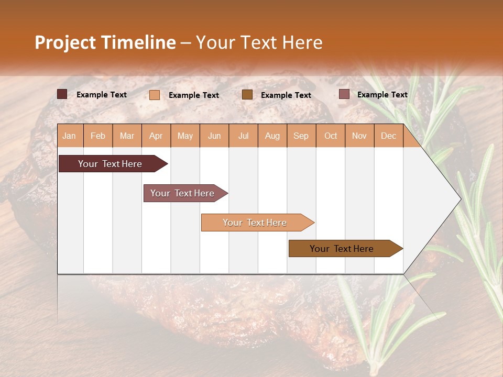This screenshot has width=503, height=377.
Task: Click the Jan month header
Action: pos(70,136)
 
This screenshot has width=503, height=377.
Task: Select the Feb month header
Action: pos(98,136)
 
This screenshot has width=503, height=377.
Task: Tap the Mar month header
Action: pos(127,136)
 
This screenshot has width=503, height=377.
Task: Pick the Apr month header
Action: pos(156,136)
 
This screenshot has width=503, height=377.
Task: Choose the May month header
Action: pos(185,136)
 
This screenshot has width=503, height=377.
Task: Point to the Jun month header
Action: pos(214,136)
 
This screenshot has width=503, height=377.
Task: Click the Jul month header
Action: pos(243,136)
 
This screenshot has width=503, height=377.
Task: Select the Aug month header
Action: pos(272,136)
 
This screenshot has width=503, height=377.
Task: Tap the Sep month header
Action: pos(301,136)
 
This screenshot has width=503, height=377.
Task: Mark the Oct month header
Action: pos(331,136)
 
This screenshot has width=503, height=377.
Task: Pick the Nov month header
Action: pos(359,136)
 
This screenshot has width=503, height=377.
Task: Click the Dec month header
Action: pos(388,136)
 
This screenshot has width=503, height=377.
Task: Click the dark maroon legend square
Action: pos(62,94)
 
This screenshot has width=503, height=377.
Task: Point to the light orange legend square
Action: pos(155,95)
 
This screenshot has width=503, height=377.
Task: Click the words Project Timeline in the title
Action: pos(105,42)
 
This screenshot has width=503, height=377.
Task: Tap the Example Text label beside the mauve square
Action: pos(382,94)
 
